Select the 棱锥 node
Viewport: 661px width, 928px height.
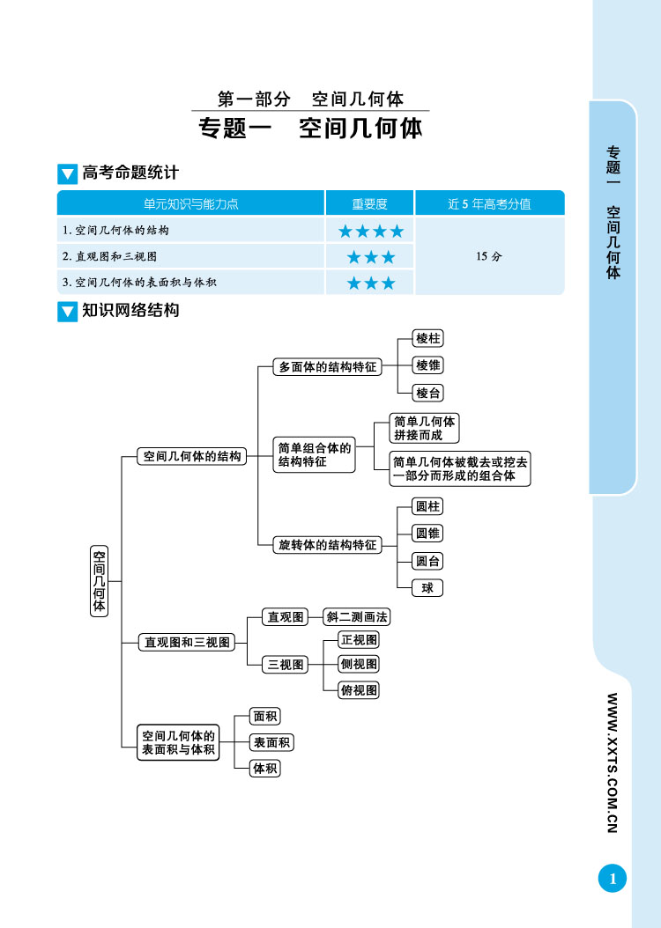(428, 365)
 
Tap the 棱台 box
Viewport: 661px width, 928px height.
(428, 393)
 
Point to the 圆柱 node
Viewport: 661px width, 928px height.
(427, 506)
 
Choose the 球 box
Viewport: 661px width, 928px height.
(427, 587)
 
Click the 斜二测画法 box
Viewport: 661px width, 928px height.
(357, 617)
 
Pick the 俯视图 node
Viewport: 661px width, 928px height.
(359, 690)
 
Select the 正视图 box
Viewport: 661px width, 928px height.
(359, 640)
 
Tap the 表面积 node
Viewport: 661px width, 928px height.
(271, 742)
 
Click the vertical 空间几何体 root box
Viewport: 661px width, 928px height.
(100, 581)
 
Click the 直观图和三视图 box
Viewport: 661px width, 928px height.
(187, 643)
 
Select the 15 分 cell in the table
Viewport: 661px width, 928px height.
(488, 256)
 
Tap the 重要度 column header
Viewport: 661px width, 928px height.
(369, 204)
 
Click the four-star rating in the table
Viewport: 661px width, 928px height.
(370, 232)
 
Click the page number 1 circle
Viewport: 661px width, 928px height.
(612, 879)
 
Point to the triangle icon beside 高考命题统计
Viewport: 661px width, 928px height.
(67, 174)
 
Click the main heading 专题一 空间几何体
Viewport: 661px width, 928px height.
(311, 129)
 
